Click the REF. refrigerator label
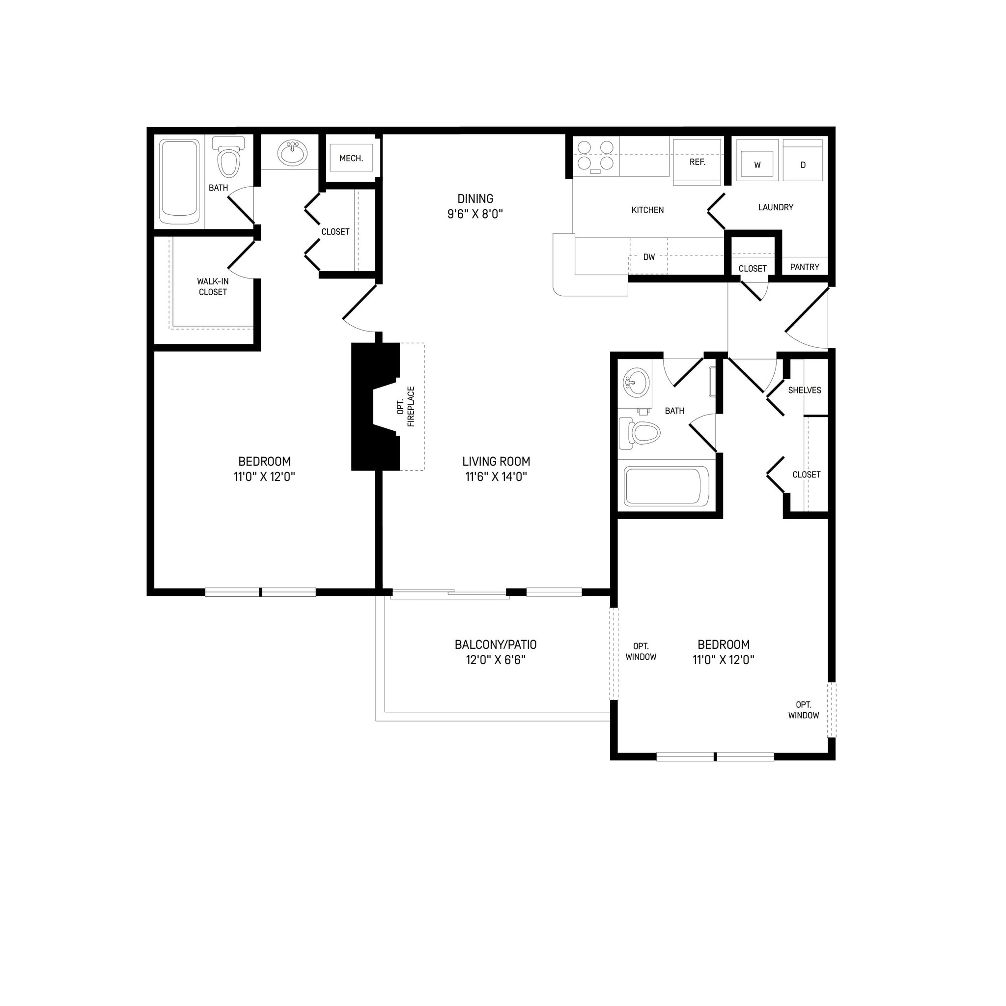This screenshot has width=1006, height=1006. (697, 162)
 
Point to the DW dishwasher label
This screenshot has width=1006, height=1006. (648, 257)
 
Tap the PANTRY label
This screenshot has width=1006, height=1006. (804, 267)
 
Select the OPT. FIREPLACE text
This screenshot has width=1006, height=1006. (406, 407)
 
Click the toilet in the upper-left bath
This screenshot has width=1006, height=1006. (229, 158)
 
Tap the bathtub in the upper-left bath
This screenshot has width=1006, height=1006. (180, 181)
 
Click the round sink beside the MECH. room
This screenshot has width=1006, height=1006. (292, 153)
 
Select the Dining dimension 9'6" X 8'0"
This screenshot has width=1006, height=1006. (475, 214)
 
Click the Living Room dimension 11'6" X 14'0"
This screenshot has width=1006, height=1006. (496, 476)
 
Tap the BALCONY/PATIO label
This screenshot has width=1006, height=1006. (495, 644)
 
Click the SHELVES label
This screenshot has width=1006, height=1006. (804, 390)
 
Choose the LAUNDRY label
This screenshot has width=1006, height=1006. (775, 207)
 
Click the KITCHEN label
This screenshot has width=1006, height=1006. (647, 210)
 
